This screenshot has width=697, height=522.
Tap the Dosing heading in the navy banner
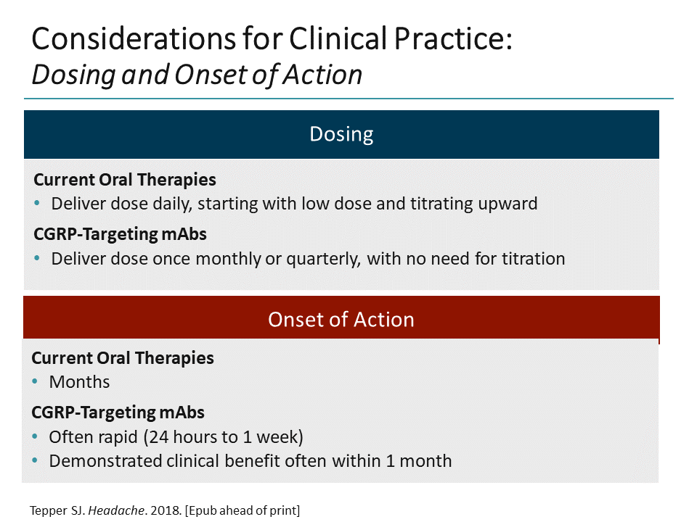341,134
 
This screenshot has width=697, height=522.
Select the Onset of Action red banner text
341,320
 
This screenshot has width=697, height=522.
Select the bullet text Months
79,382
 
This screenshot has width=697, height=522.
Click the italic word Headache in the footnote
102,510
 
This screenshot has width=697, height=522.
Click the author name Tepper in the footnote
46,510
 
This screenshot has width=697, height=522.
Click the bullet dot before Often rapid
36,438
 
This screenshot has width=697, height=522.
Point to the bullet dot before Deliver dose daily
38,204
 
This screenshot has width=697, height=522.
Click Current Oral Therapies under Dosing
125,179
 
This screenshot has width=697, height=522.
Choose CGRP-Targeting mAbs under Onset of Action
118,413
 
